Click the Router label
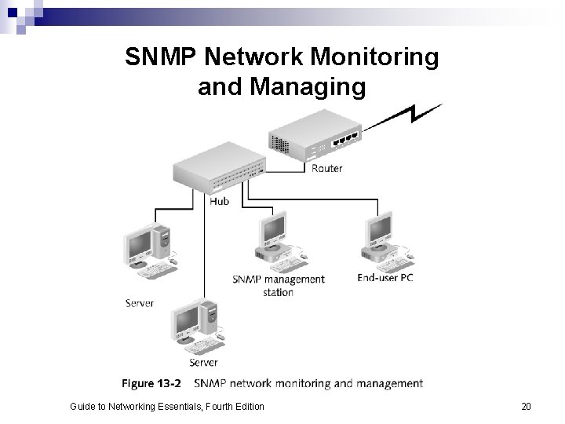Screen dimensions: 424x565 326,168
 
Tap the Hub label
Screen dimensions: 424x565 220,201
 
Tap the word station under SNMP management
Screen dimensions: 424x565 279,292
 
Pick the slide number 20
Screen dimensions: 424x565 526,406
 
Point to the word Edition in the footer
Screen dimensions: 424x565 247,406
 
